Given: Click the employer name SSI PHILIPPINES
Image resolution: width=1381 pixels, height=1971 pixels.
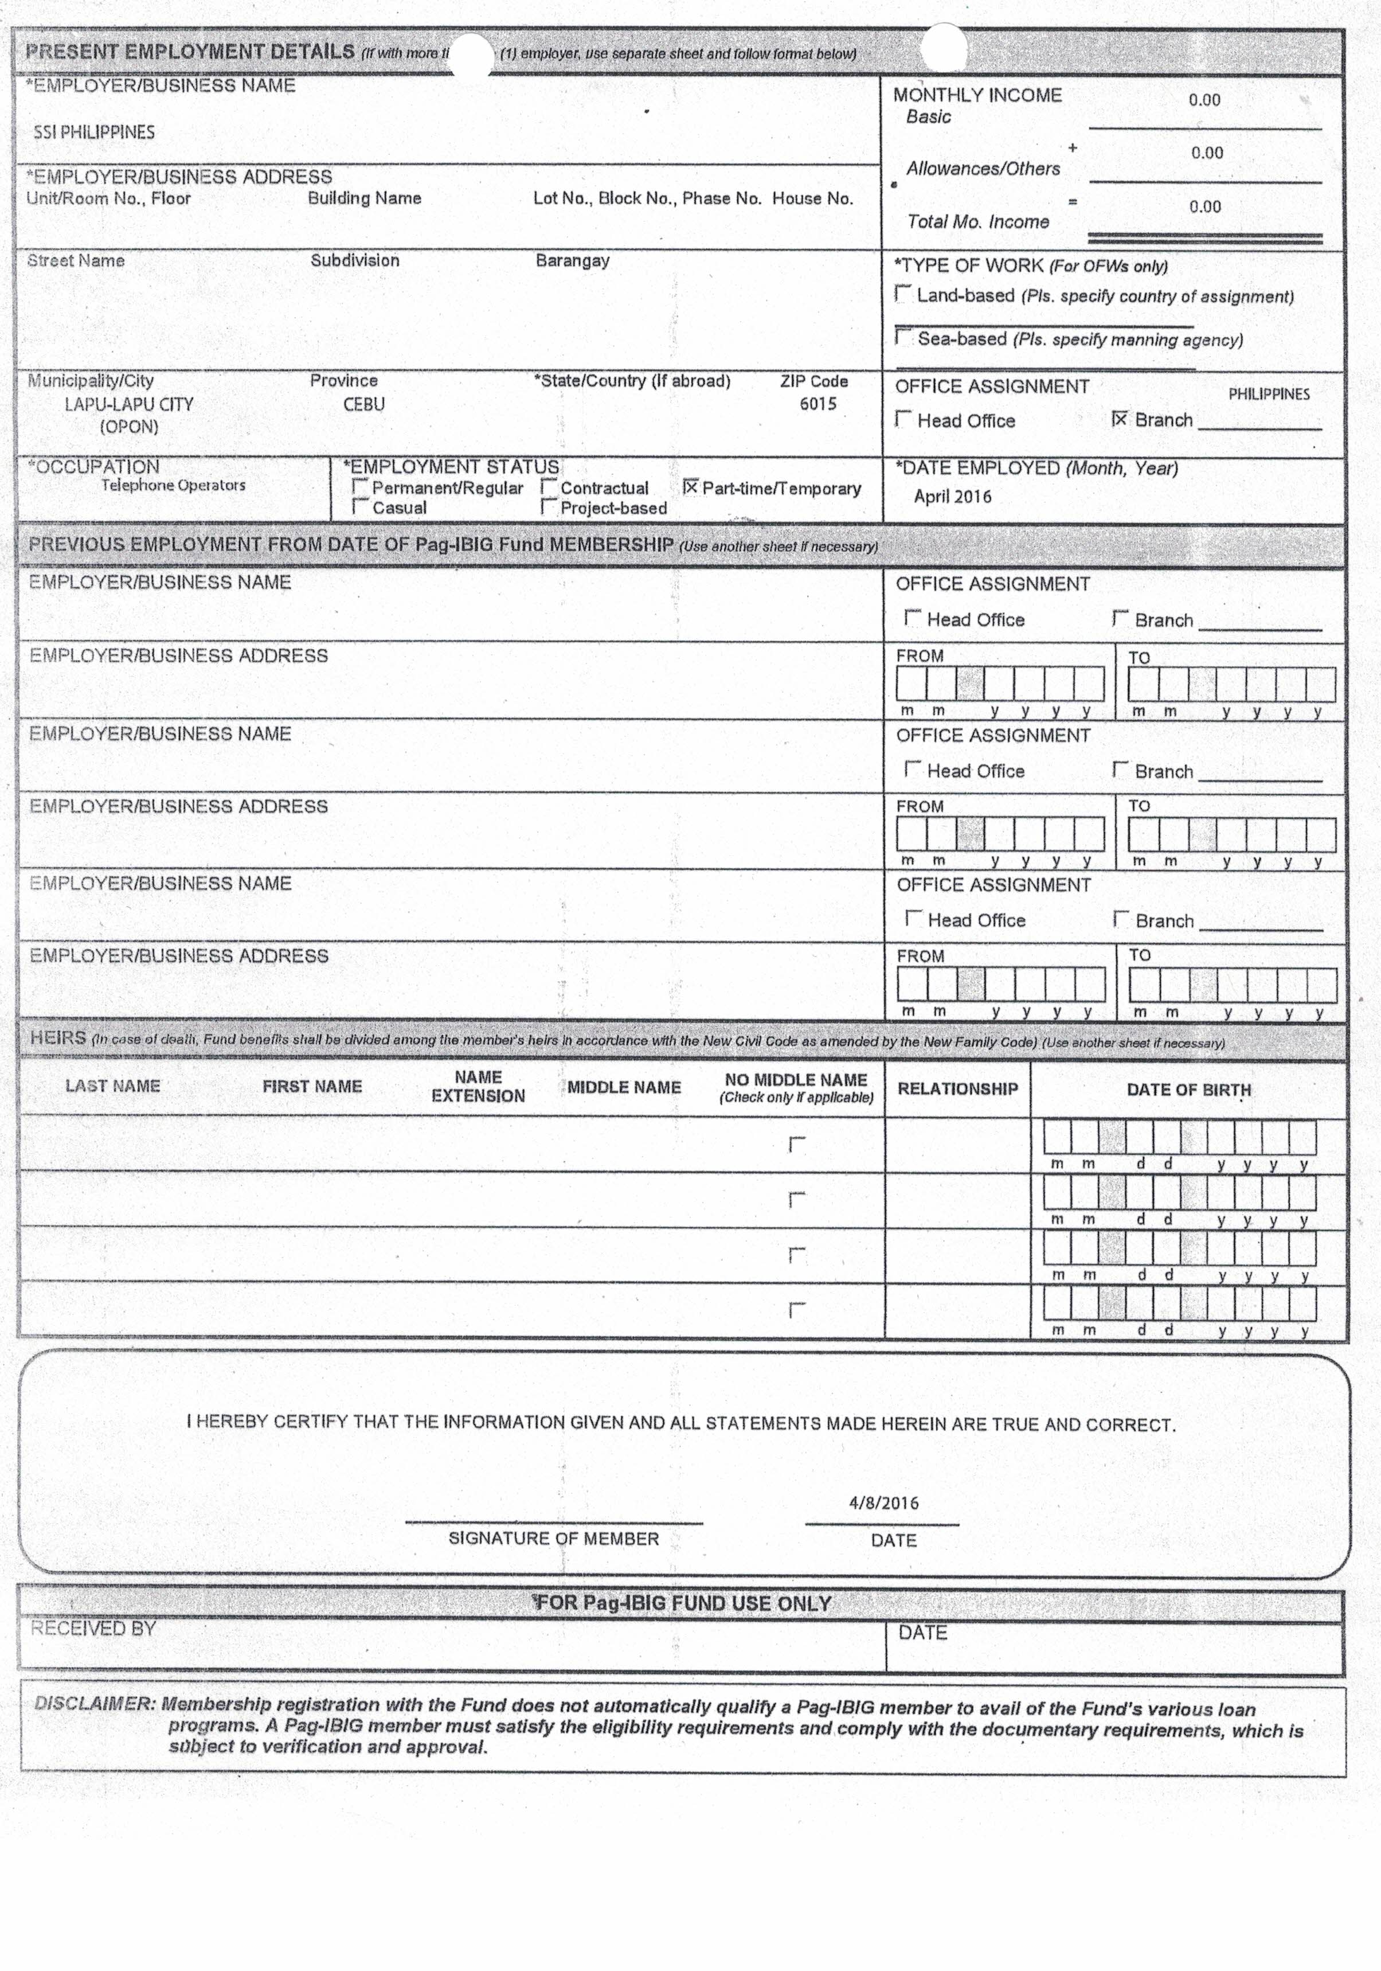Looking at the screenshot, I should (x=95, y=132).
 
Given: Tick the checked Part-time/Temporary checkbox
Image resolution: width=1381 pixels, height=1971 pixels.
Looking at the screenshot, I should (x=690, y=487).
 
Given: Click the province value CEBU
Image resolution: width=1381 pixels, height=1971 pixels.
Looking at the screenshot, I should (x=364, y=404).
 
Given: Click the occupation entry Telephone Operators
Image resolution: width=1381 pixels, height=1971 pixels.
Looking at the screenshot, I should (x=173, y=485).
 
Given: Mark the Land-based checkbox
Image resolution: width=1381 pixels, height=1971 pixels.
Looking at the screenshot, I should (x=903, y=294).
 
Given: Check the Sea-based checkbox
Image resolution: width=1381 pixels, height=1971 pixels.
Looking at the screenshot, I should (x=903, y=337).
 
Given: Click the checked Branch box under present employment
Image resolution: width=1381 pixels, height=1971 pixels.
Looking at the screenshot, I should (x=1119, y=419).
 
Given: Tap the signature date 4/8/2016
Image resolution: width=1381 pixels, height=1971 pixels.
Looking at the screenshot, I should (x=883, y=1502).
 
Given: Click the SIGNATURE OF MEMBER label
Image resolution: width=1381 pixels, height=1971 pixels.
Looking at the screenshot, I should (x=554, y=1539).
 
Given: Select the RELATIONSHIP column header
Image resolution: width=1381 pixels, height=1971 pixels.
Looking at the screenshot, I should (x=957, y=1088).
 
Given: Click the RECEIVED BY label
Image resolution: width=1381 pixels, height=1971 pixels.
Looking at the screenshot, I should (x=93, y=1629).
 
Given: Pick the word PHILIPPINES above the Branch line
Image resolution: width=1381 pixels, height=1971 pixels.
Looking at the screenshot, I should (x=1269, y=394).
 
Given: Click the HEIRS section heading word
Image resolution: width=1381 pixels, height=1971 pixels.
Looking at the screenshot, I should (x=57, y=1038).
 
